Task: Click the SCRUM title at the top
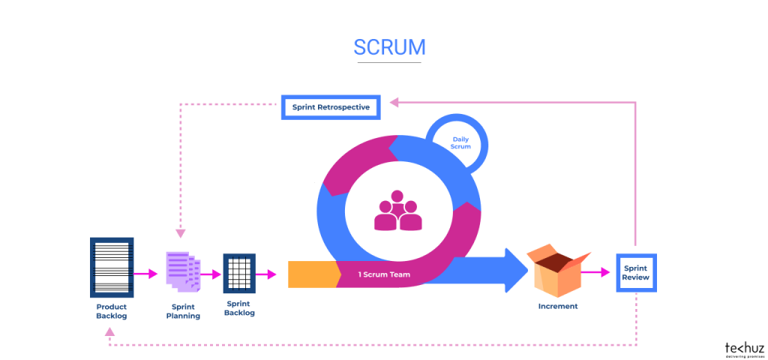[389, 46]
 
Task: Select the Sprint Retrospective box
[331, 107]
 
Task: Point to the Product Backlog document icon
[112, 266]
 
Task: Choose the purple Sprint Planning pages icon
[183, 270]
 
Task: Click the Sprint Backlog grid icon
[239, 274]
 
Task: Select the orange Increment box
[557, 271]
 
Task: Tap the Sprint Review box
[635, 273]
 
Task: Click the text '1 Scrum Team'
[384, 275]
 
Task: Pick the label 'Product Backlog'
[112, 311]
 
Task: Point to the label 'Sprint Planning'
[183, 311]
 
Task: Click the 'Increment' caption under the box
[558, 306]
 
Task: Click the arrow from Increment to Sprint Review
[597, 273]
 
